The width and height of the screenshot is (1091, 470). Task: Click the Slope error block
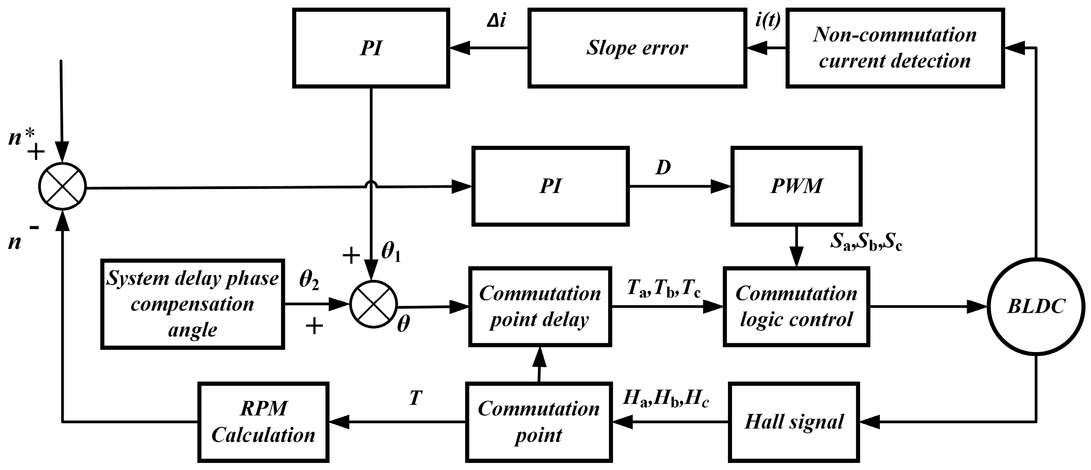click(x=637, y=48)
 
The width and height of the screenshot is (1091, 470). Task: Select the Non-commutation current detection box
click(x=895, y=48)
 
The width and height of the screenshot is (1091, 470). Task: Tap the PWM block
click(x=796, y=186)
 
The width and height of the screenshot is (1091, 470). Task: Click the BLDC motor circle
click(x=1036, y=307)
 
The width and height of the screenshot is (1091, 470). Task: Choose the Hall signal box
click(x=794, y=422)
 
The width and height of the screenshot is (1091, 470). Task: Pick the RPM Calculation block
click(x=263, y=422)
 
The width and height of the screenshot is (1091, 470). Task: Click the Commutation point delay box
click(x=540, y=307)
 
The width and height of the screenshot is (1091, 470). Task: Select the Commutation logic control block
click(x=796, y=307)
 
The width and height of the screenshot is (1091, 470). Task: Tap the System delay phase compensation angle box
click(x=192, y=304)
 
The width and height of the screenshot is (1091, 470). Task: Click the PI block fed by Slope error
click(x=371, y=48)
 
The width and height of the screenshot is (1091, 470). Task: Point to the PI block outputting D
click(x=550, y=186)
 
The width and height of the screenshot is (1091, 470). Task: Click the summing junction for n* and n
click(x=62, y=186)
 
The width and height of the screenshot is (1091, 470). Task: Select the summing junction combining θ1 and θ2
click(x=374, y=304)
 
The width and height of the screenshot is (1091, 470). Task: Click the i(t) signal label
click(x=767, y=20)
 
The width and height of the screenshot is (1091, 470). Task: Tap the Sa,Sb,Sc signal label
click(x=866, y=243)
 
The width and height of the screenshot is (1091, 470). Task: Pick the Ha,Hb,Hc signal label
click(x=666, y=399)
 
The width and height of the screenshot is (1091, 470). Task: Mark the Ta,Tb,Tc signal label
click(x=664, y=289)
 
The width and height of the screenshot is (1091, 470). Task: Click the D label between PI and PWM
click(x=663, y=168)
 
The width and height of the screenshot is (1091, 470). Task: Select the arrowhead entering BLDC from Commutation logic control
click(x=978, y=307)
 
